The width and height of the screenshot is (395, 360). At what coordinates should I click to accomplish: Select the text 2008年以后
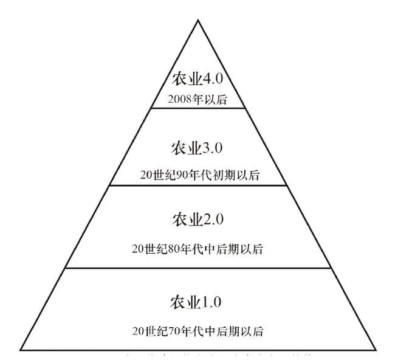point(197,99)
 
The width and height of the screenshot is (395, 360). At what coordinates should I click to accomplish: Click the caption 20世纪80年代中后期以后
point(197,249)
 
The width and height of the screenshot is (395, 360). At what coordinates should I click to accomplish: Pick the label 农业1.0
point(197,301)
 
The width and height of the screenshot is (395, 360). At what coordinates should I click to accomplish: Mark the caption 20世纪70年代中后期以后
point(197,331)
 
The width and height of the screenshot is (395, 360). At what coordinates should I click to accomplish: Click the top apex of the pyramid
point(197,21)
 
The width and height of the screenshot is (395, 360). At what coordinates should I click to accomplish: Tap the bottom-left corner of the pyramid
point(21,350)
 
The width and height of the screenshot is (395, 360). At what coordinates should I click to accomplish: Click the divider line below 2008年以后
point(197,108)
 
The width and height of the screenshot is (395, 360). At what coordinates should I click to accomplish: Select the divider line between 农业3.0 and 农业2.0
point(197,185)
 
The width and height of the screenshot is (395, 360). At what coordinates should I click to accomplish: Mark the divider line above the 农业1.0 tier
point(197,268)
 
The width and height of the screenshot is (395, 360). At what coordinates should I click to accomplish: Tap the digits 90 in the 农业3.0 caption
point(180,175)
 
